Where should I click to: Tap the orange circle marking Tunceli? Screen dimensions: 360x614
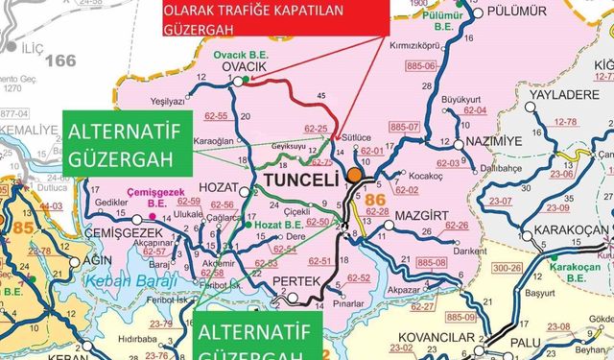coord(356,176)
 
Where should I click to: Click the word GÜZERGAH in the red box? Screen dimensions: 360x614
coord(202,30)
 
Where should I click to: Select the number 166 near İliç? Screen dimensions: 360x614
coord(59,61)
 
